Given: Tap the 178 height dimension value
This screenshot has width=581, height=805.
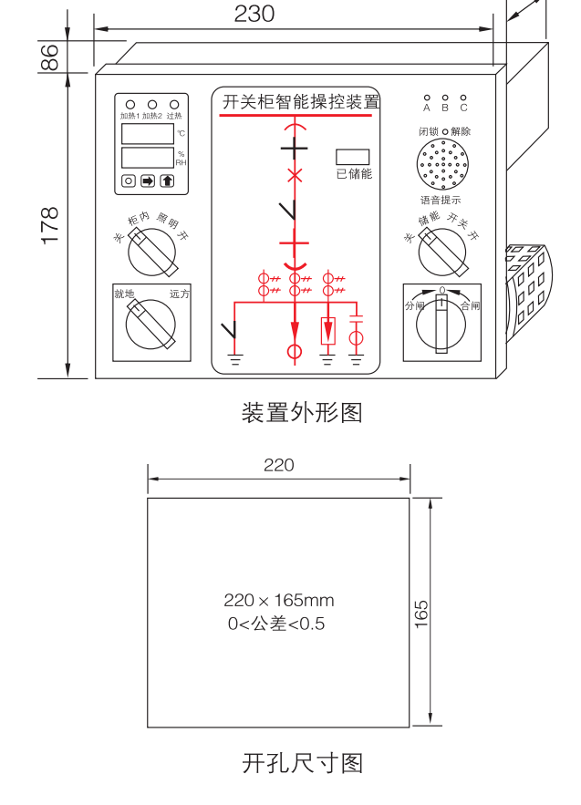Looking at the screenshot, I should (51, 224).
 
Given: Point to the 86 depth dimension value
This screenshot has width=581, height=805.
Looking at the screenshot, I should (51, 57).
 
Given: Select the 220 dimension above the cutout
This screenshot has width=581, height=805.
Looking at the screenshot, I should (278, 465).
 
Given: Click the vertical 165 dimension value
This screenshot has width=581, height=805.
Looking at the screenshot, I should (420, 612).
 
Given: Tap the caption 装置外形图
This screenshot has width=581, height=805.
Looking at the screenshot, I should (301, 413).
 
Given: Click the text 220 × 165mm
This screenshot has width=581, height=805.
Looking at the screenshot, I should (278, 601).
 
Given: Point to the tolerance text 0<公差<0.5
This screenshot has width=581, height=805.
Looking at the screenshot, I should (275, 624).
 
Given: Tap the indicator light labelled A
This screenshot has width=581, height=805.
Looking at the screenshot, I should (427, 98).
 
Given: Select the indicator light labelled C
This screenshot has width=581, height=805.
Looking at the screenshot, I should (463, 98).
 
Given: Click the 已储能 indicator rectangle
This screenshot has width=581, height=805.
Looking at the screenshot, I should (352, 156).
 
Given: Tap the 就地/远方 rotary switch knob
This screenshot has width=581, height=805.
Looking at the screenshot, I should (150, 325).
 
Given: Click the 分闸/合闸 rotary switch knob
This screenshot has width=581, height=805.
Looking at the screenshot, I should (442, 325).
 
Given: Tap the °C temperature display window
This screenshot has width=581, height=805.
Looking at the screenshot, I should (148, 134).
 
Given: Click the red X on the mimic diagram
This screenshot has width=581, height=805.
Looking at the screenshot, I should (294, 175).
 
